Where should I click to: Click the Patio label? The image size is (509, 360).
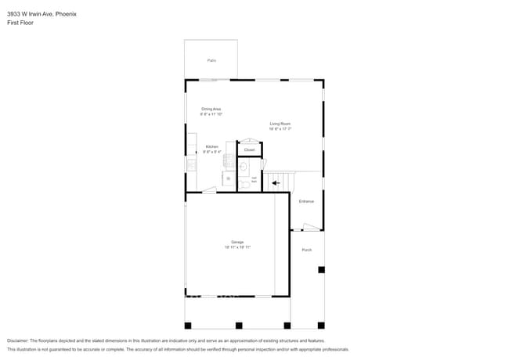point(211,60)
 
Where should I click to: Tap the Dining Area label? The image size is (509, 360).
point(211,109)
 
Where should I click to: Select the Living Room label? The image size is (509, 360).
point(280,124)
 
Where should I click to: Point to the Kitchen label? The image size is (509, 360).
point(212,146)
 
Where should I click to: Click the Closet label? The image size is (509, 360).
point(249,149)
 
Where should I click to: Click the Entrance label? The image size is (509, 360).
point(306,201)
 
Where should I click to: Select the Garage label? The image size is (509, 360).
point(237,242)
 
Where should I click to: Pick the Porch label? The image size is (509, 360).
point(307,250)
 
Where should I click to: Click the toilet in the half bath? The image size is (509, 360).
point(245,184)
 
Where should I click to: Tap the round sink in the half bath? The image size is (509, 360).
point(244,166)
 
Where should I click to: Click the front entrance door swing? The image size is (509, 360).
point(311,227)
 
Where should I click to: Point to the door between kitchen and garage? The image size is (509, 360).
point(209,189)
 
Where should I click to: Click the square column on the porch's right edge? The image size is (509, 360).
point(321,270)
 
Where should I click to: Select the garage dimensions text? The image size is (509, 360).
point(237,247)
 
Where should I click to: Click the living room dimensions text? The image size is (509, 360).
point(280,129)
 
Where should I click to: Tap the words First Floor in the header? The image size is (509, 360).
point(20,23)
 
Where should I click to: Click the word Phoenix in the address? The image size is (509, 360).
point(66,13)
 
